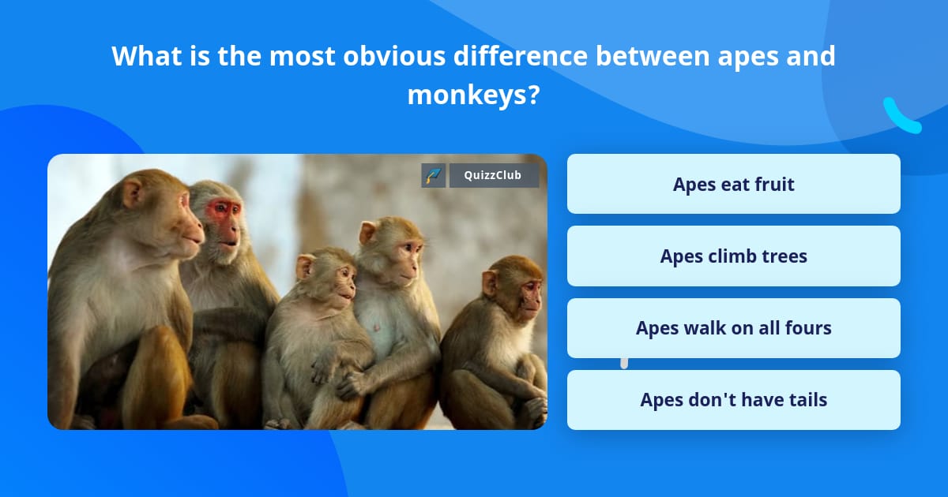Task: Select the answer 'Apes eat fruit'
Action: [733, 184]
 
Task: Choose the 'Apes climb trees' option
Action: [733, 256]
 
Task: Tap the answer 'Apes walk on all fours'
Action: [733, 328]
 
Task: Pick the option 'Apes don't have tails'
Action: [733, 400]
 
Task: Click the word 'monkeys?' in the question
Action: [473, 95]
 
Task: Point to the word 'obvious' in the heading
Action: [394, 56]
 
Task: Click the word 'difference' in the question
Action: [521, 56]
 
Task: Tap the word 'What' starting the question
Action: [146, 56]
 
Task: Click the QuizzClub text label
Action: [493, 175]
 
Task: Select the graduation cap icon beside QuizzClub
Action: [434, 175]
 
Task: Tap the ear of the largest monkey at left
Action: [133, 192]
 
